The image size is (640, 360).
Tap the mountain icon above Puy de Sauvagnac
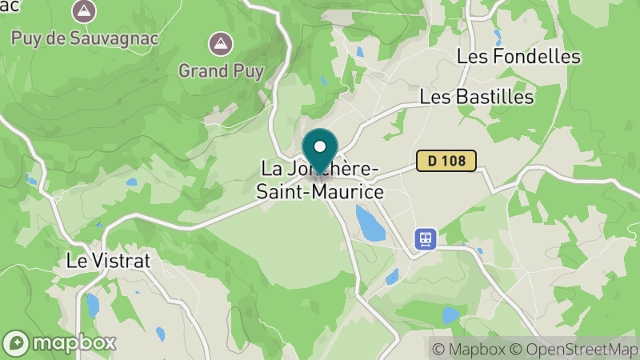[x=82, y=11]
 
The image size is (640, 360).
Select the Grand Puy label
[x=221, y=70]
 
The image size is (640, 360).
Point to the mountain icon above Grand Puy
[x=218, y=43]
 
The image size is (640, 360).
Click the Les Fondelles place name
[x=518, y=56]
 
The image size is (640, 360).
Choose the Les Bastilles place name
[x=476, y=97]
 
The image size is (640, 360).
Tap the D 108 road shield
[x=446, y=161]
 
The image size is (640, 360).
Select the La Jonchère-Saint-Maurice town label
[x=319, y=181]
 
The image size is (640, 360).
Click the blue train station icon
[x=425, y=238]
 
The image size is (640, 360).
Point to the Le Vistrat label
[x=108, y=261]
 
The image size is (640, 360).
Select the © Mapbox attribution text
[x=469, y=349]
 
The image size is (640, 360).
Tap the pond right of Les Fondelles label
[x=498, y=36]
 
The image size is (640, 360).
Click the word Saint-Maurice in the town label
[x=319, y=192]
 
